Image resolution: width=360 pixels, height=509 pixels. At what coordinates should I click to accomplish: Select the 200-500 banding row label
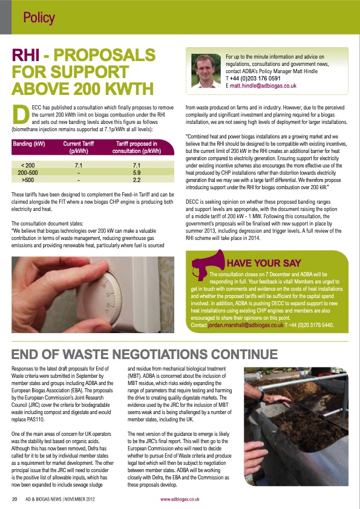click(28, 172)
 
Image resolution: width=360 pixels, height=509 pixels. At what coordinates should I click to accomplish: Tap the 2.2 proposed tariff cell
click(136, 180)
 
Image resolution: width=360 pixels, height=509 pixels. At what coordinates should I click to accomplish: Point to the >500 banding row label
click(28, 180)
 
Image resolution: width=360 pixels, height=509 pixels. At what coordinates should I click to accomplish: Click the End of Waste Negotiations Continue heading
click(145, 354)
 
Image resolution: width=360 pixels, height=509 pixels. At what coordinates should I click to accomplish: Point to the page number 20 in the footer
click(15, 499)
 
